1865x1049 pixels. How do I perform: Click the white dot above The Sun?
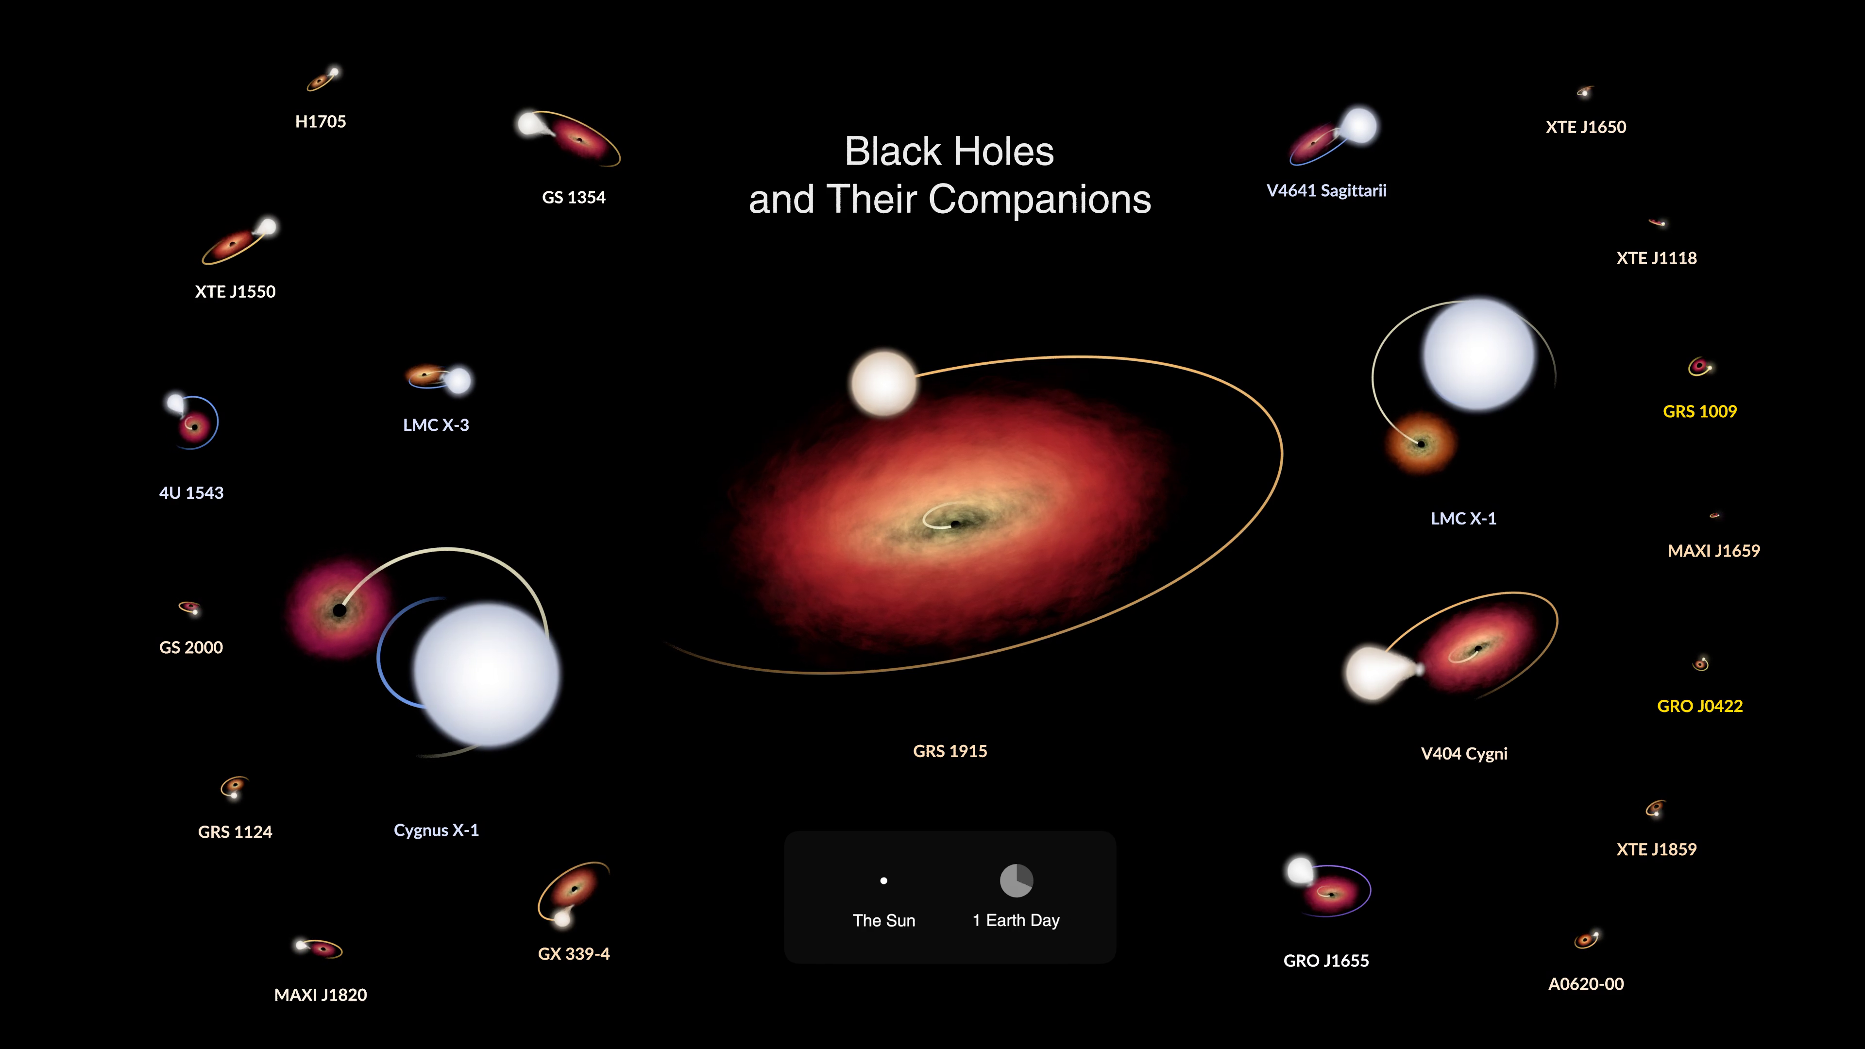883,881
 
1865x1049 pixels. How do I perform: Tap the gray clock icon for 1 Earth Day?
1017,880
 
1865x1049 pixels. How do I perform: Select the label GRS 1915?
950,751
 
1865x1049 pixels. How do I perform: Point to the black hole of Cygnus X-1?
339,610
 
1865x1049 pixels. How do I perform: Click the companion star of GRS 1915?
884,383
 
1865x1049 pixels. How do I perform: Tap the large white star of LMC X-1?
1478,355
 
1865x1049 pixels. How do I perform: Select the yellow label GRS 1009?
1700,411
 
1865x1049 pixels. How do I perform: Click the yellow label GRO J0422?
1700,706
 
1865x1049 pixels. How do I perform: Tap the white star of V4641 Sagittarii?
1359,126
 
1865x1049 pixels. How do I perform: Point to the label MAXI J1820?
320,995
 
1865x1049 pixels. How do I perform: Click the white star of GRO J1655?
1300,871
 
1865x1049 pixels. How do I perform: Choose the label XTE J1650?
1586,127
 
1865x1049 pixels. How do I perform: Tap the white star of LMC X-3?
458,380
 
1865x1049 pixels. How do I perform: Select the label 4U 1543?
191,493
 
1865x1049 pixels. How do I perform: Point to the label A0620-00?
1586,984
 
